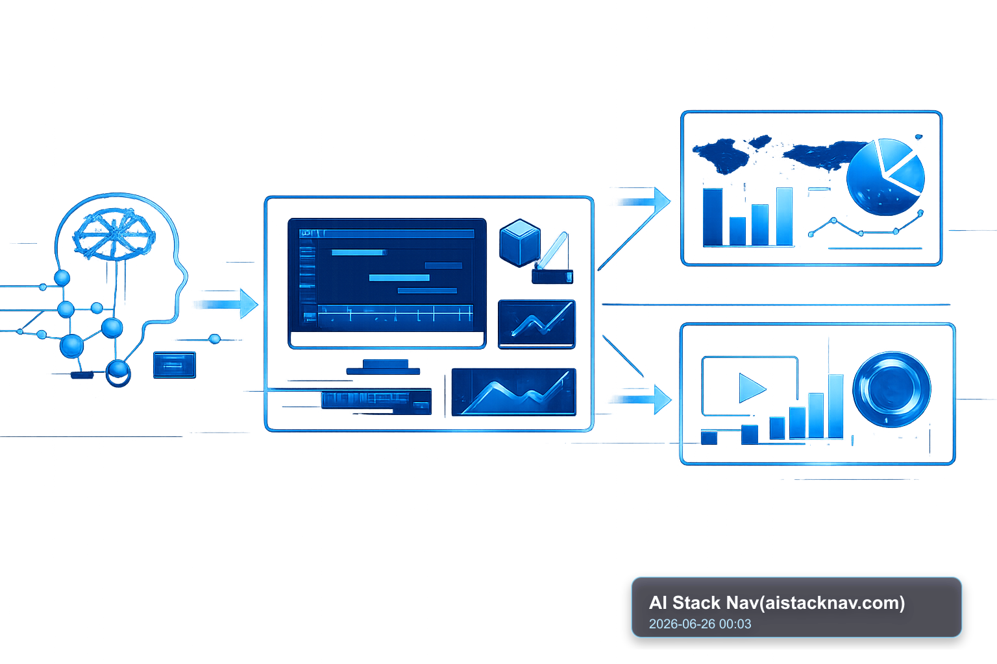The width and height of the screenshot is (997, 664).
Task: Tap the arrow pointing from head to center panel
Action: [x=226, y=303]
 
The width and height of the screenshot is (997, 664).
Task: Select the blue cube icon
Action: [x=520, y=243]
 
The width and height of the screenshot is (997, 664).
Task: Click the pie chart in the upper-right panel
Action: [x=885, y=177]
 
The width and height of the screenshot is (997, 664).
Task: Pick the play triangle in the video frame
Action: [x=751, y=388]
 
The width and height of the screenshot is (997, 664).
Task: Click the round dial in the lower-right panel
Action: [x=891, y=389]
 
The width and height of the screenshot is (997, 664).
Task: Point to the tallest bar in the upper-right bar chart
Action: [x=784, y=216]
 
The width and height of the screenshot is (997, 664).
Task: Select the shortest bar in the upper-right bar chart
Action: [x=737, y=231]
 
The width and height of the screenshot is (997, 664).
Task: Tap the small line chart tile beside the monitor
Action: [x=537, y=324]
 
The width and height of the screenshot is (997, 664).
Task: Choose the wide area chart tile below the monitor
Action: [x=513, y=392]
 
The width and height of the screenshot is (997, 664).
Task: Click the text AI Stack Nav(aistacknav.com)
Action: [x=777, y=602]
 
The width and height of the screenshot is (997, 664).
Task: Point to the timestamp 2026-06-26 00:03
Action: [x=700, y=624]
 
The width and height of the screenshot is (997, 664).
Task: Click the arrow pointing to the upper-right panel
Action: [x=634, y=229]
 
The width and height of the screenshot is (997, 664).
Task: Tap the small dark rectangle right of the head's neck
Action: [x=175, y=364]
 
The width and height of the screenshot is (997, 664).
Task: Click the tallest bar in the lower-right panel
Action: [x=835, y=406]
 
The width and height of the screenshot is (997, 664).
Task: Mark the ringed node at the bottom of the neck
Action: [x=118, y=373]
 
